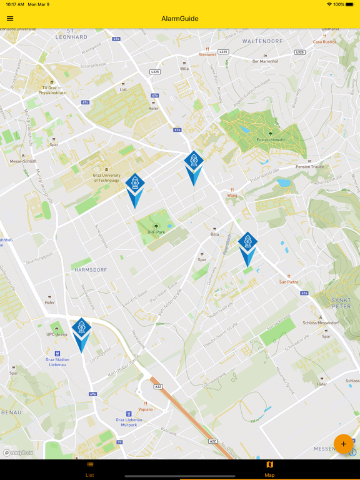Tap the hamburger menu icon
(10, 19)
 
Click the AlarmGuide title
(180, 19)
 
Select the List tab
(90, 469)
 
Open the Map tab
(269, 469)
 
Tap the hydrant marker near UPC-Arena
(81, 329)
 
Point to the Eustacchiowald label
(270, 140)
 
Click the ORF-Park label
(156, 232)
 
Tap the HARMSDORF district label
(91, 270)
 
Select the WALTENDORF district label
(262, 41)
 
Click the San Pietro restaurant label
(289, 281)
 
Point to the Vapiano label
(146, 409)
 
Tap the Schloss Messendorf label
(321, 322)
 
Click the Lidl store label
(123, 90)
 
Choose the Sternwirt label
(207, 54)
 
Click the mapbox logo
(18, 452)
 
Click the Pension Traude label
(310, 167)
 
